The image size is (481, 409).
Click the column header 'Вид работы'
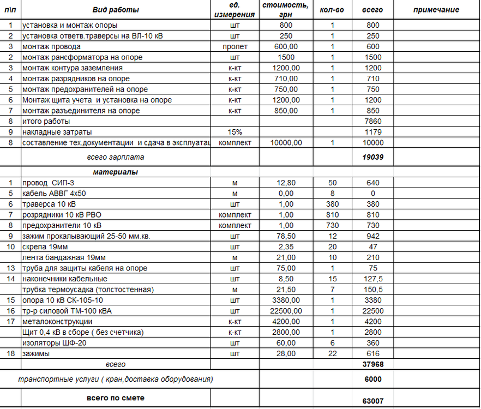(116, 10)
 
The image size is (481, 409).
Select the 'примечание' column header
(436, 10)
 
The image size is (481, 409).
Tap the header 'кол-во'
(332, 10)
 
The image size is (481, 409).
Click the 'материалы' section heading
(115, 172)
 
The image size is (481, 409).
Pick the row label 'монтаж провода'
(51, 46)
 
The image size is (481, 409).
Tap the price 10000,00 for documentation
(286, 143)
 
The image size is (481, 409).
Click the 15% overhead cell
(235, 132)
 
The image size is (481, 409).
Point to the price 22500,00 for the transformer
(286, 311)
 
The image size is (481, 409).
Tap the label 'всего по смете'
(115, 398)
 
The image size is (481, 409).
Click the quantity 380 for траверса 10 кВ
(332, 204)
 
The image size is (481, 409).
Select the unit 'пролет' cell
(235, 46)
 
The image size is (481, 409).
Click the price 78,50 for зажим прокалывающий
(286, 236)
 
